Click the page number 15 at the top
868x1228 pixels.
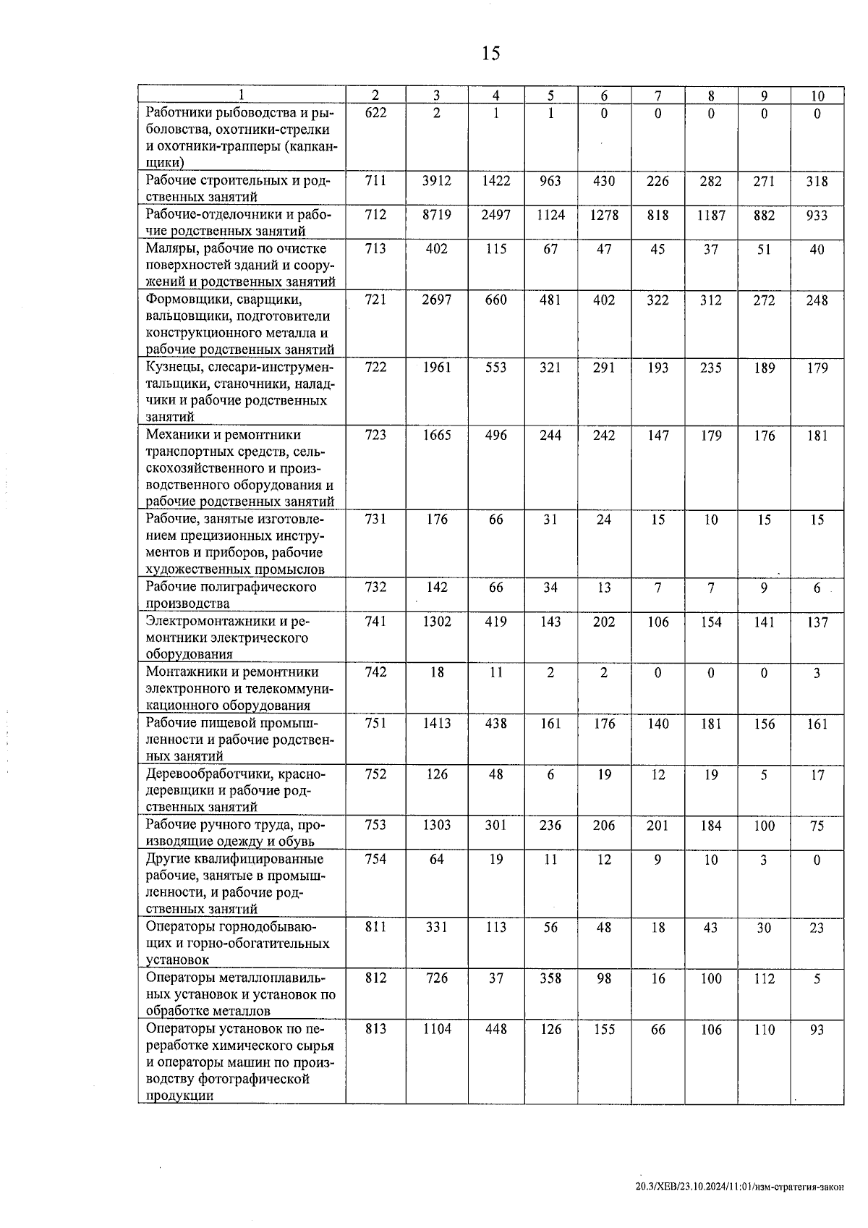pyautogui.click(x=490, y=54)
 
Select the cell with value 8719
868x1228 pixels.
pyautogui.click(x=436, y=215)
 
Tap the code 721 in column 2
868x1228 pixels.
pyautogui.click(x=375, y=300)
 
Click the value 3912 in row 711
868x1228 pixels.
pyautogui.click(x=436, y=181)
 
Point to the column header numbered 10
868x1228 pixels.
pyautogui.click(x=817, y=96)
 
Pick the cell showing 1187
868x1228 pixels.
pyautogui.click(x=710, y=215)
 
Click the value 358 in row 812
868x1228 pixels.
pyautogui.click(x=550, y=978)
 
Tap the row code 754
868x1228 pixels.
pyautogui.click(x=375, y=859)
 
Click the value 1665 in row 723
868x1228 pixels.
pyautogui.click(x=436, y=435)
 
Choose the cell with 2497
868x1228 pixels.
pyautogui.click(x=495, y=215)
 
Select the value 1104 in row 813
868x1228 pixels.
pyautogui.click(x=436, y=1029)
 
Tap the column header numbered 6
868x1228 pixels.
pyautogui.click(x=604, y=96)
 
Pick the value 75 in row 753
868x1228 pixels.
pyautogui.click(x=817, y=826)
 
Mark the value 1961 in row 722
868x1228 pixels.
pyautogui.click(x=436, y=368)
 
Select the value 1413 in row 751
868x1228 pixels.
pyautogui.click(x=436, y=724)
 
